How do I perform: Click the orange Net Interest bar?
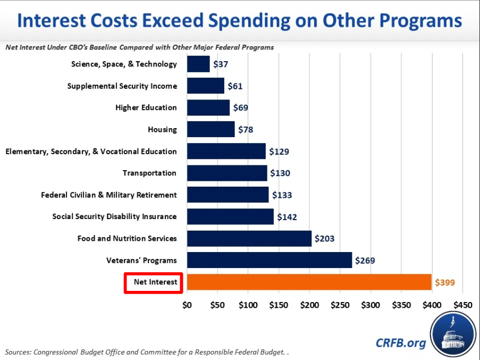[x=309, y=282]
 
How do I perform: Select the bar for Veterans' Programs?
[x=270, y=260]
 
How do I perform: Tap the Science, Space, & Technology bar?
[x=198, y=64]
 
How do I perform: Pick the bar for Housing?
[x=210, y=129]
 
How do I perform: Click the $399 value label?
[x=445, y=282]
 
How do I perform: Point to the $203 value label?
[x=324, y=238]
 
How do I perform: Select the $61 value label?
[x=235, y=86]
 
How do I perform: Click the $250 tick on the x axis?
[x=340, y=305]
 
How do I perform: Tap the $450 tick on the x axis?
[x=462, y=305]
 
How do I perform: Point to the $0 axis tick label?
[x=187, y=305]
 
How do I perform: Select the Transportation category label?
[x=149, y=173]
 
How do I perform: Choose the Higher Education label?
[x=146, y=107]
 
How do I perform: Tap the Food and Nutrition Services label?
[x=127, y=238]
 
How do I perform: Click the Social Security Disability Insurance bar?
[x=230, y=216]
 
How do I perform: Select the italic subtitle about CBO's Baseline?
[x=140, y=47]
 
